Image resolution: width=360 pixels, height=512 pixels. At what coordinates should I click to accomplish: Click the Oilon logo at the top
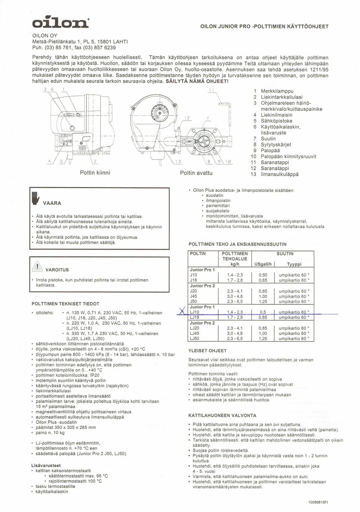(x=61, y=22)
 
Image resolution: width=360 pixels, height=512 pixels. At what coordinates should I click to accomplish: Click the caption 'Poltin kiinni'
(x=95, y=173)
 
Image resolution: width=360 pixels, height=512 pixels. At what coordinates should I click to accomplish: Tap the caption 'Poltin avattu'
(x=196, y=173)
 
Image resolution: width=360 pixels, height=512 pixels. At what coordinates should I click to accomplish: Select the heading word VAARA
(x=52, y=203)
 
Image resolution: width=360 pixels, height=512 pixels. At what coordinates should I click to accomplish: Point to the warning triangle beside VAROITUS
(x=38, y=267)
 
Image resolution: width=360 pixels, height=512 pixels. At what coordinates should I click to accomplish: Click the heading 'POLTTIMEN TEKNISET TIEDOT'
(x=65, y=304)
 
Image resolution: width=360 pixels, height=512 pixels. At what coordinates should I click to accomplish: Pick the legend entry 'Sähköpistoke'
(x=276, y=121)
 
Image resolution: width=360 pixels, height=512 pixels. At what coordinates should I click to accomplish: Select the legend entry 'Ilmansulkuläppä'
(x=279, y=174)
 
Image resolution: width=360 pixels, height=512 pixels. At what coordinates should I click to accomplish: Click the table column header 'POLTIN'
(x=198, y=254)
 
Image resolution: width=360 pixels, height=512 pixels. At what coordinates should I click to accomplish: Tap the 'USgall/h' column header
(x=263, y=264)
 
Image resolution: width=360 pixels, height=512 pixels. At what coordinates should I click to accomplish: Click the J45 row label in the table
(x=193, y=296)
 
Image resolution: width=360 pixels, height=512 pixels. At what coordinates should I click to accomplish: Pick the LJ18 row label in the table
(x=195, y=317)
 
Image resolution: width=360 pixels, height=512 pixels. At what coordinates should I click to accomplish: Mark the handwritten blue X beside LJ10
(x=182, y=311)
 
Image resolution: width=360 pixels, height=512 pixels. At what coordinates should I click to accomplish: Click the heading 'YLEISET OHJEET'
(x=207, y=351)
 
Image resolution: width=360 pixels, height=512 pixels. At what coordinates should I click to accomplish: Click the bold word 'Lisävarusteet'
(x=46, y=466)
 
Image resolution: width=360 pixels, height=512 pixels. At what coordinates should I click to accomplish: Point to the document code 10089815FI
(x=318, y=502)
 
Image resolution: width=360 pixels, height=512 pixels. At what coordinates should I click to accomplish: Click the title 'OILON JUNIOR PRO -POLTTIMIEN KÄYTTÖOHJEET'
(x=264, y=27)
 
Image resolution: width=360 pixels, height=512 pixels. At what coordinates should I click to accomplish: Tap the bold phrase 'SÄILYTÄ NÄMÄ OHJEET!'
(x=197, y=81)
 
